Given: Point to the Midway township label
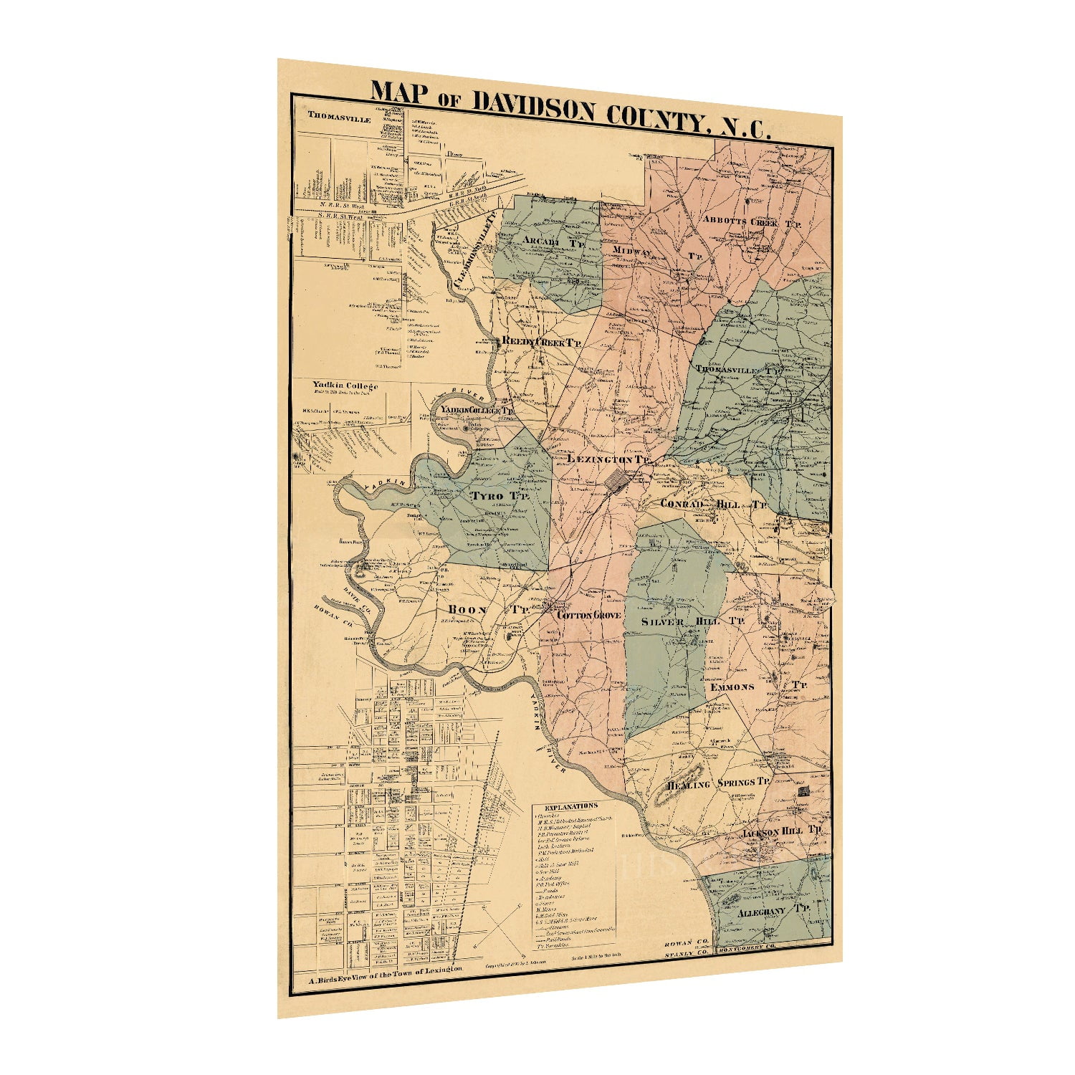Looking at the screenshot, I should coord(631,252).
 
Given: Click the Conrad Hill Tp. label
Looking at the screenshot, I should coord(712,504).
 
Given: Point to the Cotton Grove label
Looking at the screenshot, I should coord(588,615).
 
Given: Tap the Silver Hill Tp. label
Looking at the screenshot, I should coord(692,621).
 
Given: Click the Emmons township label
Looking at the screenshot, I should coord(732,687).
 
